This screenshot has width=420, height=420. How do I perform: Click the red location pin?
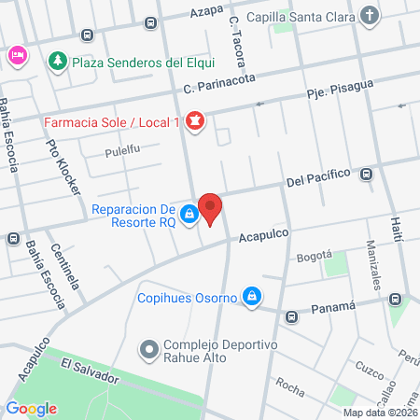tap(211, 208)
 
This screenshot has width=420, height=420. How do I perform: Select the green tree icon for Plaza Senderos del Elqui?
tap(57, 62)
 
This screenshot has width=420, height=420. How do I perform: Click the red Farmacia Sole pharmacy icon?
tap(195, 121)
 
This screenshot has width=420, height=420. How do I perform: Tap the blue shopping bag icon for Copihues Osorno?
tap(250, 297)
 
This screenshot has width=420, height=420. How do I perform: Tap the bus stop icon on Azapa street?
tap(87, 35)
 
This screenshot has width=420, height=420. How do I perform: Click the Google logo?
tap(31, 408)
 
